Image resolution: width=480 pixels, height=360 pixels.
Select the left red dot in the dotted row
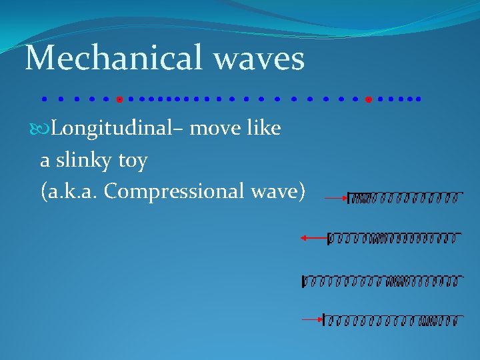119,99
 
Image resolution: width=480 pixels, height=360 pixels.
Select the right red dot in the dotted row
368,99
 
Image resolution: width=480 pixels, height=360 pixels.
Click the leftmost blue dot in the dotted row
43,99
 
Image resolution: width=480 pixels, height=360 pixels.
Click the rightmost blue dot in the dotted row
419,99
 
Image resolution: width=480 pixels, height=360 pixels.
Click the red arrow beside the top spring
336,197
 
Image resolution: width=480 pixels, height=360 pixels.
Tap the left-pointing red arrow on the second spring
313,237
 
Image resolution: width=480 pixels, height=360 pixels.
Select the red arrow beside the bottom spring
311,319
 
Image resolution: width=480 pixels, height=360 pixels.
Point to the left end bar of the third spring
304,281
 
